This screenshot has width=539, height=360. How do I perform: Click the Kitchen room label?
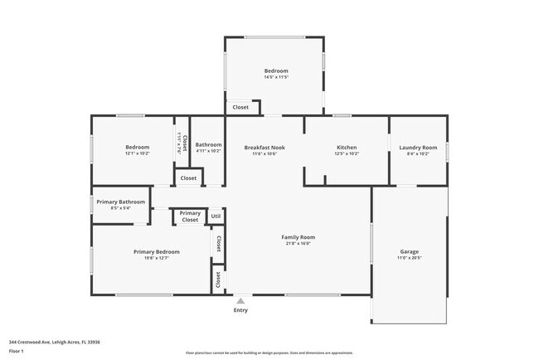tap(346, 147)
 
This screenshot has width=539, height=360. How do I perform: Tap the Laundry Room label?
tap(414, 147)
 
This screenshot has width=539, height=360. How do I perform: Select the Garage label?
tap(409, 251)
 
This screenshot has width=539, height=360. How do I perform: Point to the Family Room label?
tap(300, 237)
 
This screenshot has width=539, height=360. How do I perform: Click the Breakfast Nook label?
tap(265, 147)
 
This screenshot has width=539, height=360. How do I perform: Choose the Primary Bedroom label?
tap(156, 251)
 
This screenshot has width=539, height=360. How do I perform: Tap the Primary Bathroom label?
tap(120, 202)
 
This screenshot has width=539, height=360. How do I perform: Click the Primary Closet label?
tap(190, 216)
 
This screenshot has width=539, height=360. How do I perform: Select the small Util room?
tap(216, 216)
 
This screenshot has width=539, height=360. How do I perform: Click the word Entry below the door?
tap(240, 310)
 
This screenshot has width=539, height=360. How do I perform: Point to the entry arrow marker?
tap(240, 299)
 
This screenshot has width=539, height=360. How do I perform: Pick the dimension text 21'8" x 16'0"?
tap(300, 244)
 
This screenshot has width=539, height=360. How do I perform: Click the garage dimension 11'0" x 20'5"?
tap(409, 258)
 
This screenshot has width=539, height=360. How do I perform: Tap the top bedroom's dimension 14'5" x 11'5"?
tap(276, 77)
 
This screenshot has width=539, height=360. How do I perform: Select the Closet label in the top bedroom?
tap(240, 107)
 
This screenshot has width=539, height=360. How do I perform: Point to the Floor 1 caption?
tap(17, 350)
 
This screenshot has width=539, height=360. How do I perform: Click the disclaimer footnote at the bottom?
tap(269, 353)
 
